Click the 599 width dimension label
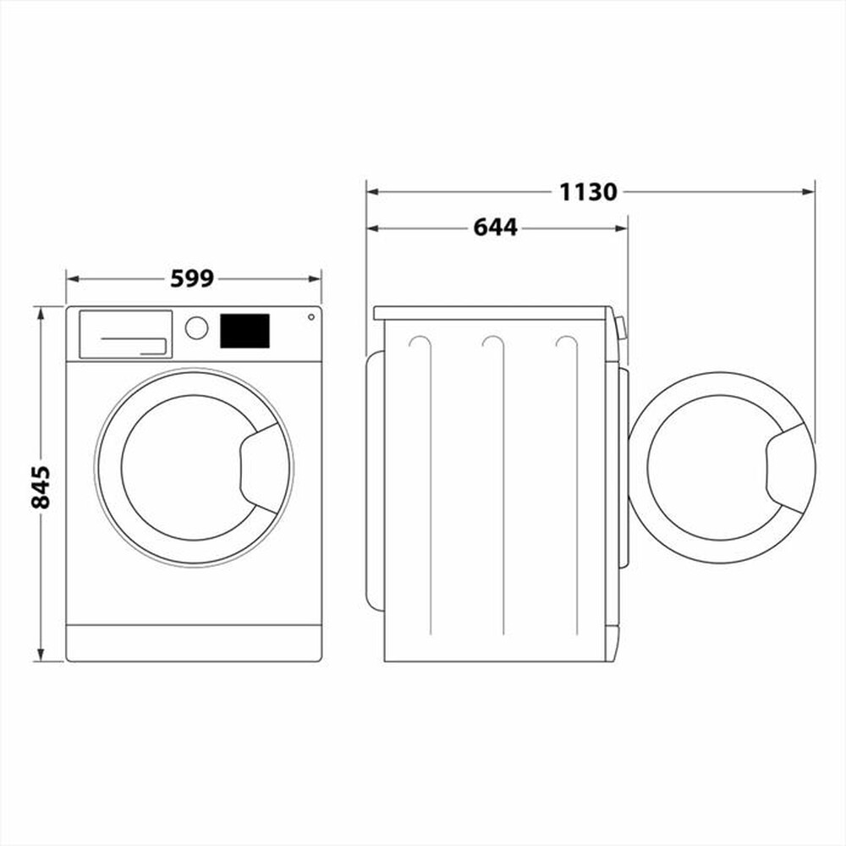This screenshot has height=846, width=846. coord(192,278)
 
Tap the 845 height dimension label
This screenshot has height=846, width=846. coord(41,486)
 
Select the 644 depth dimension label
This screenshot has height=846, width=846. coord(495,228)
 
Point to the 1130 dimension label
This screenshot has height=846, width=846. coord(588,192)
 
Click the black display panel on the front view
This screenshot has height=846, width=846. coord(244,331)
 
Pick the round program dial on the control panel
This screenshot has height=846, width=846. coord(196,328)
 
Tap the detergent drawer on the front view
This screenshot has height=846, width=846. coord(125,334)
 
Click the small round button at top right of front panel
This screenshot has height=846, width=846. coord(310,317)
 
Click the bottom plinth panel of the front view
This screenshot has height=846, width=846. coord(194,643)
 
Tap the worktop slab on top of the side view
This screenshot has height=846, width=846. coord(491,313)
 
